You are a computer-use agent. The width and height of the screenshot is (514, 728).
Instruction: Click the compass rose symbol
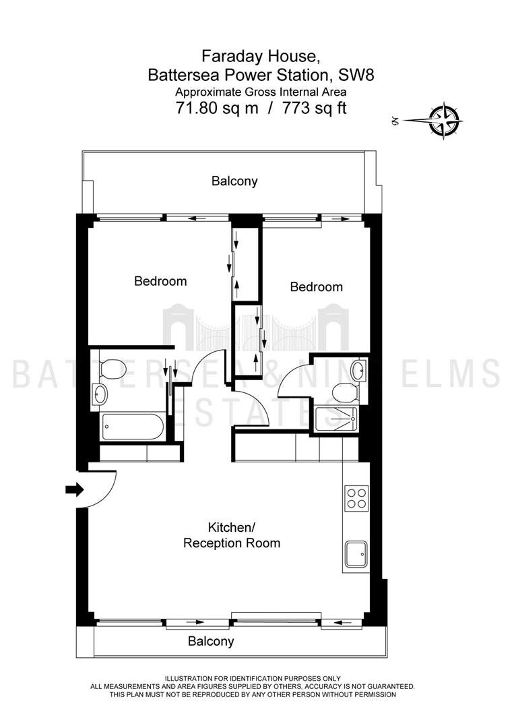tap(445, 121)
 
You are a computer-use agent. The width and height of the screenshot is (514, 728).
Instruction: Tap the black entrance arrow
tap(75, 489)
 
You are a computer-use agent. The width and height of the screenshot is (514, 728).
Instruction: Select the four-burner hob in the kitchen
tap(357, 498)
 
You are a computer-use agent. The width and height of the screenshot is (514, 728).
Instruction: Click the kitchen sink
tap(356, 554)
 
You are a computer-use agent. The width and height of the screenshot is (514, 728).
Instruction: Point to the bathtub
tap(132, 426)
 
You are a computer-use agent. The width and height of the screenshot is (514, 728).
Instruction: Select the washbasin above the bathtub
tap(100, 394)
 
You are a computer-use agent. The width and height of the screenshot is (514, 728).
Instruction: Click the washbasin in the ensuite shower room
tap(358, 369)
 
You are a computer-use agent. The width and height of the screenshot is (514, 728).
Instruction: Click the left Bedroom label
tap(160, 281)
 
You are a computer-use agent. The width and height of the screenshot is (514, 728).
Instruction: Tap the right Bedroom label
tap(317, 286)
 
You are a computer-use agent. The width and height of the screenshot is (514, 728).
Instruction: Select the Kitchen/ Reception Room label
tap(232, 535)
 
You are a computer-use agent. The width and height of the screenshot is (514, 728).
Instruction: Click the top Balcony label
tap(234, 181)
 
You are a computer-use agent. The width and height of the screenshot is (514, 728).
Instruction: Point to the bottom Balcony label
tap(211, 641)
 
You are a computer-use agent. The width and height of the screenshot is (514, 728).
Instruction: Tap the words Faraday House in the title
tap(261, 57)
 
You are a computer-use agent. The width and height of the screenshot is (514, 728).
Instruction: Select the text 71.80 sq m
tap(217, 108)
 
